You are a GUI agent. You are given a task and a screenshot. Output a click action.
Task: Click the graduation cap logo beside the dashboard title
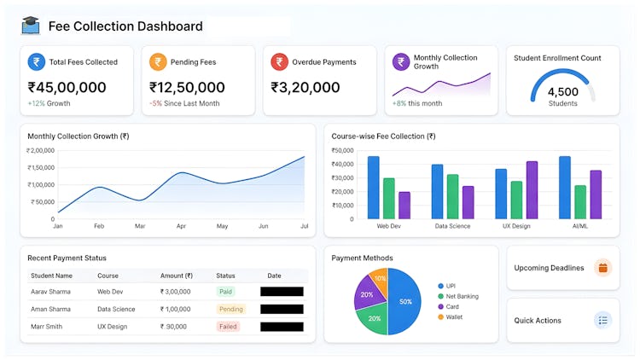[x=31, y=26]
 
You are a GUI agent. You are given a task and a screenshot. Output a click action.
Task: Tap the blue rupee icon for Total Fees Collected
[x=36, y=61]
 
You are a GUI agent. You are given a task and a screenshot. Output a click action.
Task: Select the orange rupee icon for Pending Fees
[x=158, y=61]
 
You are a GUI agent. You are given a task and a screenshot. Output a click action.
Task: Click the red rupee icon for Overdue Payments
[x=279, y=61]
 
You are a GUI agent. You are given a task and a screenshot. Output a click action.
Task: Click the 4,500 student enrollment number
[x=562, y=92]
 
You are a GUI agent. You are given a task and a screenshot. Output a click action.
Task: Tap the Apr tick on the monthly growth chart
[x=181, y=226]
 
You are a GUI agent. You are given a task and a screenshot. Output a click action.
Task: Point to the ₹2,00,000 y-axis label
[x=38, y=150]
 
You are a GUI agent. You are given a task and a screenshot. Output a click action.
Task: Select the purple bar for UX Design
[x=532, y=189]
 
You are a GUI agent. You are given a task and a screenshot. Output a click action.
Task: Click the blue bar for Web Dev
[x=373, y=187]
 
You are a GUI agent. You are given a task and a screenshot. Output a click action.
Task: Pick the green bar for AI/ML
[x=580, y=201]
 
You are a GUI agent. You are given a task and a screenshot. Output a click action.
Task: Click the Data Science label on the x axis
[x=451, y=226]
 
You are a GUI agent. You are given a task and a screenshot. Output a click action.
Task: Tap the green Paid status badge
[x=225, y=292]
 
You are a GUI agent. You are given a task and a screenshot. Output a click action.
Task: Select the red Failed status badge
[x=228, y=327]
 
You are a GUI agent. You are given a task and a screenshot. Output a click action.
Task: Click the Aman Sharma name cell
[x=50, y=309]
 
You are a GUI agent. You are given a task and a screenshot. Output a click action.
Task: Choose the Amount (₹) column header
[x=177, y=276]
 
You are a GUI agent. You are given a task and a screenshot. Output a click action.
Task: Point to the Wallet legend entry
[x=453, y=317]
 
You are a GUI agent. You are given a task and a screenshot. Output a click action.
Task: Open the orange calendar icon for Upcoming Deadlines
[x=603, y=268]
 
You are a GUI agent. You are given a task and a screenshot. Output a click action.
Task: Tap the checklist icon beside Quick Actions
[x=603, y=321]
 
